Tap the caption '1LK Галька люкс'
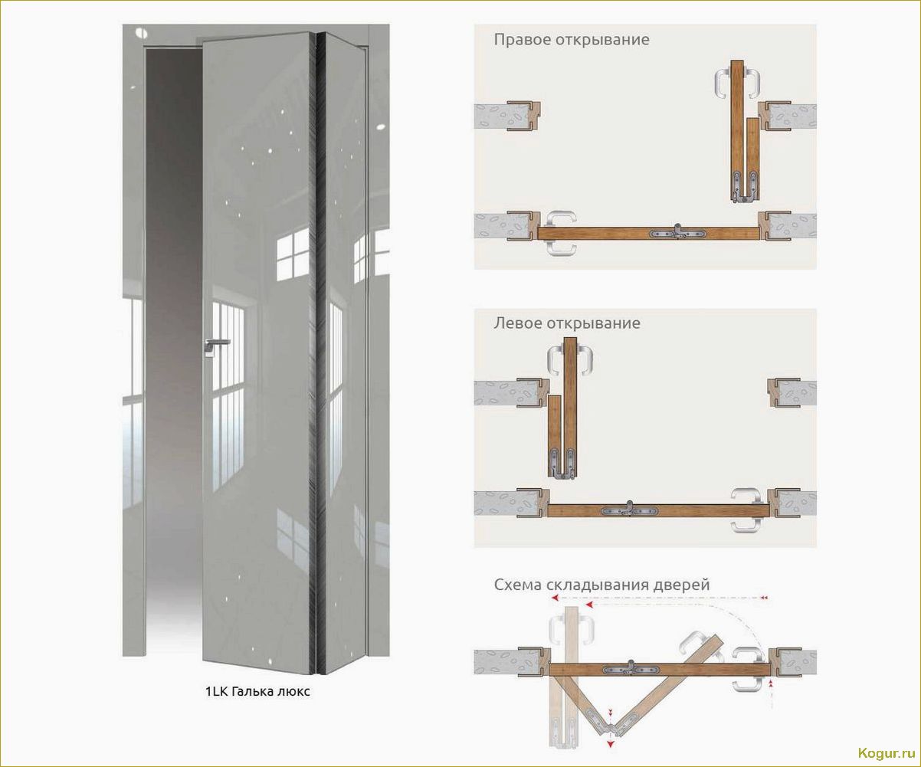click(x=257, y=691)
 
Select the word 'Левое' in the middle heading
click(x=518, y=323)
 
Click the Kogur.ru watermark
click(x=887, y=753)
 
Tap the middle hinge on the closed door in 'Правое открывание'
click(x=677, y=234)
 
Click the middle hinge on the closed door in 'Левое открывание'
click(x=630, y=510)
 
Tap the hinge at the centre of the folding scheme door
click(x=631, y=670)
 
